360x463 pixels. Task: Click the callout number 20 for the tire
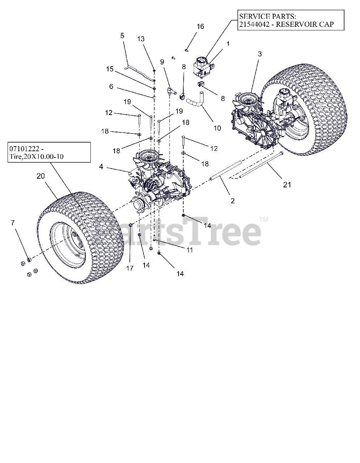tap(41, 176)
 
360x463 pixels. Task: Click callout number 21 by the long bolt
tap(287, 185)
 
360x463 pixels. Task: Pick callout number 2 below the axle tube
tap(232, 200)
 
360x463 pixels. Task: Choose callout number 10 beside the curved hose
tap(217, 128)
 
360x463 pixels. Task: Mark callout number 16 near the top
tap(200, 26)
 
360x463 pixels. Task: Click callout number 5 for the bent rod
tap(122, 35)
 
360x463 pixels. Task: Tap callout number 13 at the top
tap(141, 39)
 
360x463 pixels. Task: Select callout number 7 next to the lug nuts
tap(13, 223)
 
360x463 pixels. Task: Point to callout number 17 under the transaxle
tap(130, 268)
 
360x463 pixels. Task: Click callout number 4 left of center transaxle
tap(101, 167)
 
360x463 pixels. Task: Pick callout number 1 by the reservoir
tap(228, 44)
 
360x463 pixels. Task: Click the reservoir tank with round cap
tap(203, 67)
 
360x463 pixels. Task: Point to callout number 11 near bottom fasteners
tap(189, 250)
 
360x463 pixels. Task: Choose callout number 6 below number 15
tap(111, 86)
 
